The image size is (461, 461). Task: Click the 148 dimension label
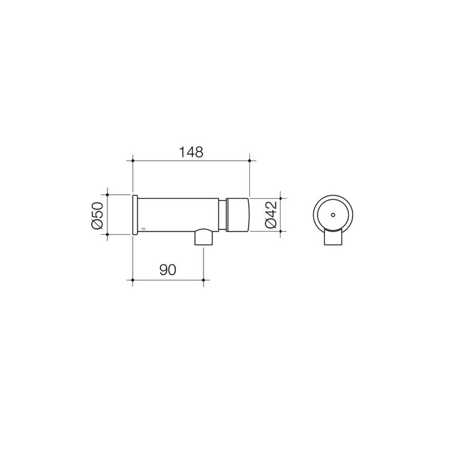pos(191,152)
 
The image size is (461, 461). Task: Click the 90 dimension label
pos(168,270)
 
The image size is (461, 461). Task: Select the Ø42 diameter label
pos(271,215)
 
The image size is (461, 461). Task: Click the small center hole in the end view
pos(333,215)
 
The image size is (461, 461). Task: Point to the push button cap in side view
pos(238,215)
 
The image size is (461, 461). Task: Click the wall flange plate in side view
pos(135,215)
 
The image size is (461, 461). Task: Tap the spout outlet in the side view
pos(204,237)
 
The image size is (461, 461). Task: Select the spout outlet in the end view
pos(333,237)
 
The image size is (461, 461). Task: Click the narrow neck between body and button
pos(223,215)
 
